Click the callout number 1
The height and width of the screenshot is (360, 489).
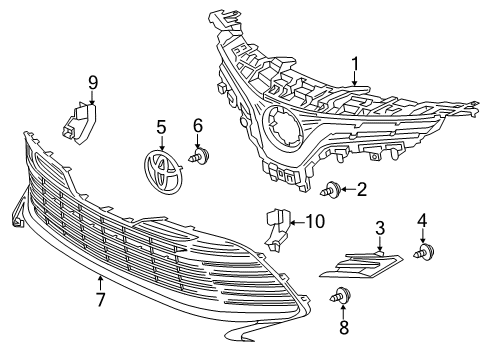pos(353,67)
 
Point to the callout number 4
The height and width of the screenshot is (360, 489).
pos(422,247)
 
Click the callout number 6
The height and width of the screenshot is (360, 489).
pos(198,125)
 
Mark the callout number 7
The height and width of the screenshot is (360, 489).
pos(101,298)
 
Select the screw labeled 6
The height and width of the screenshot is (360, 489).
pos(204,155)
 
